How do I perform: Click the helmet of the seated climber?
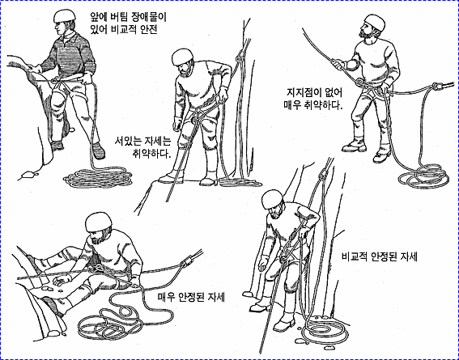click(99, 222)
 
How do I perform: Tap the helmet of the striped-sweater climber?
click(64, 15)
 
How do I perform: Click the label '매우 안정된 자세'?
click(191, 298)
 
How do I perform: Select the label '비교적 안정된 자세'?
click(380, 256)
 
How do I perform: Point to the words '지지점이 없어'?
click(314, 93)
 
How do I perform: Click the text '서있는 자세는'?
click(142, 142)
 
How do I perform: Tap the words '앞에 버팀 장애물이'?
click(128, 18)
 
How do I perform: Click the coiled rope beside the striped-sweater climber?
click(98, 176)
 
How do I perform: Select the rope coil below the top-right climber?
click(423, 176)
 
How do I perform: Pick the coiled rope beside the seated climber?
click(117, 319)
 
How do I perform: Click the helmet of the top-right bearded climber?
click(375, 22)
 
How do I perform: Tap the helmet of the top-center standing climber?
click(182, 57)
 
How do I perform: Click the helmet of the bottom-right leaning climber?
click(273, 199)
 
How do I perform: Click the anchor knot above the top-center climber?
click(240, 56)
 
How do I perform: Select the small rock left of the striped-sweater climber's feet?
click(28, 174)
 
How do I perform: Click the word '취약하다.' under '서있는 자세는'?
click(151, 154)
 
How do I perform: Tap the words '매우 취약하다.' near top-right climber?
click(313, 104)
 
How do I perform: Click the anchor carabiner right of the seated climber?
click(186, 261)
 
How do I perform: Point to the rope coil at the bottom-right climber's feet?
click(325, 330)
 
